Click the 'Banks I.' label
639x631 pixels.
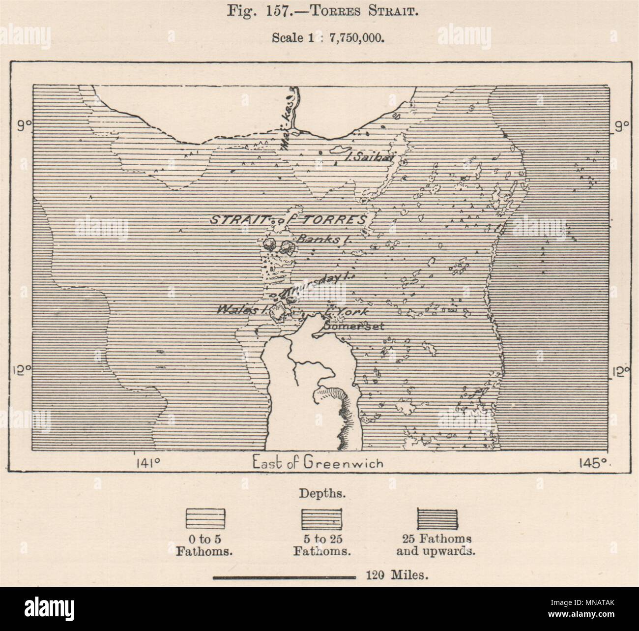(319, 240)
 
